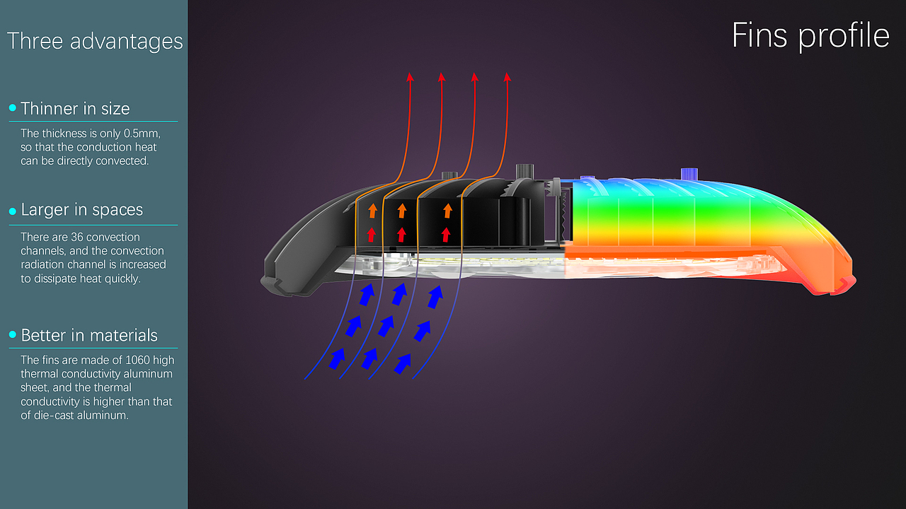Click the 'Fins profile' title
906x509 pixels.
(x=810, y=36)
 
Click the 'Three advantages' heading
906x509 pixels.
(x=95, y=41)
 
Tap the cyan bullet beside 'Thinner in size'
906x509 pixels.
(x=13, y=107)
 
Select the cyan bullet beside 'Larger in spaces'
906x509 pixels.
(x=13, y=211)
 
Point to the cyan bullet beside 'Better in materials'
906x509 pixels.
(x=13, y=334)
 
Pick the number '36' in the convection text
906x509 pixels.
(x=77, y=237)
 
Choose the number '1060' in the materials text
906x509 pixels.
(x=137, y=360)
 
